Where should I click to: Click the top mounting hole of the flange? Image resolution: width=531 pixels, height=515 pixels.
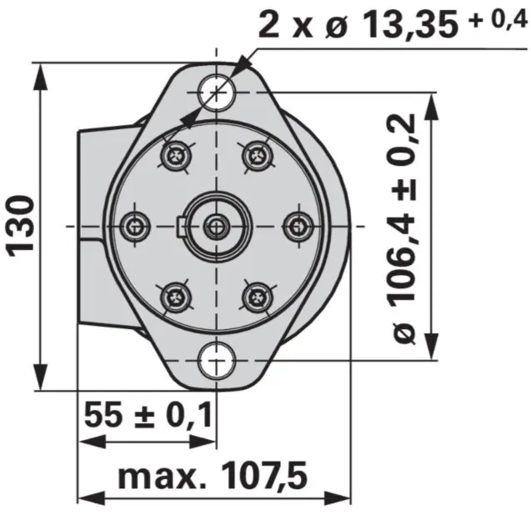[216, 91]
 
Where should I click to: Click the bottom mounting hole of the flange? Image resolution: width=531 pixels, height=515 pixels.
[216, 360]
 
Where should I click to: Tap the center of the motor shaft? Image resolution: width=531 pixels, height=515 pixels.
[216, 225]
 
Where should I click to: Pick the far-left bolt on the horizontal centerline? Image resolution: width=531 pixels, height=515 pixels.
[135, 225]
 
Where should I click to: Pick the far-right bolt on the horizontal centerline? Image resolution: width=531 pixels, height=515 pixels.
[298, 225]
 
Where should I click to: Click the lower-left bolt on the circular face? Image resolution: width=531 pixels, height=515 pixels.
[176, 294]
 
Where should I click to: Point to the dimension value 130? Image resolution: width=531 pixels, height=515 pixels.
[20, 225]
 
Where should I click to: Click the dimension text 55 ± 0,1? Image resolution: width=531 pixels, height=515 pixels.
[148, 414]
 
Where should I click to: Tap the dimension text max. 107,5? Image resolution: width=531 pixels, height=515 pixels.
[213, 477]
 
